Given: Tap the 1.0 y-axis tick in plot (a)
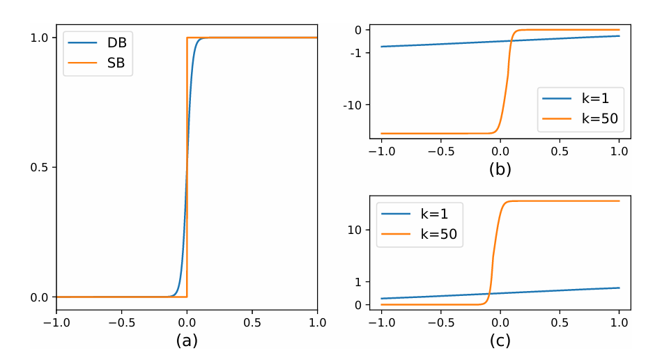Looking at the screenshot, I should click(41, 38).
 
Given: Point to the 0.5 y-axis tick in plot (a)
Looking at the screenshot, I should click(41, 167).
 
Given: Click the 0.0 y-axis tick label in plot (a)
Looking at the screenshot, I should click(41, 297).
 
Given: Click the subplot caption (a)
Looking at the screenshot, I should click(186, 341).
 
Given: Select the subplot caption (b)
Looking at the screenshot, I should click(500, 169).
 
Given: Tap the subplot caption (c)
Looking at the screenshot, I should click(500, 341).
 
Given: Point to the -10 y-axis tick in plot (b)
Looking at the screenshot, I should click(351, 105).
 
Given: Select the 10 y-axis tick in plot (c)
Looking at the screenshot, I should click(354, 229).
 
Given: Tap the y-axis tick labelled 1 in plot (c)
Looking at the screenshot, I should click(357, 281).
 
